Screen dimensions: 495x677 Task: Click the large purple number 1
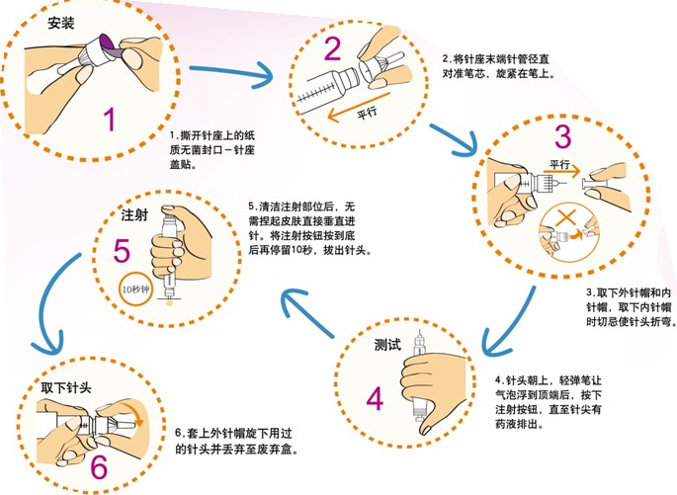(x=110, y=121)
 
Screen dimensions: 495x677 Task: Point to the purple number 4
(x=375, y=398)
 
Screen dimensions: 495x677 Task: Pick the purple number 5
(x=122, y=251)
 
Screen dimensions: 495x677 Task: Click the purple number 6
(x=98, y=463)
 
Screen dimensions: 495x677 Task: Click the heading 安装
(x=62, y=22)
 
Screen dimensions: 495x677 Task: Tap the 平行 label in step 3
(x=560, y=165)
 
